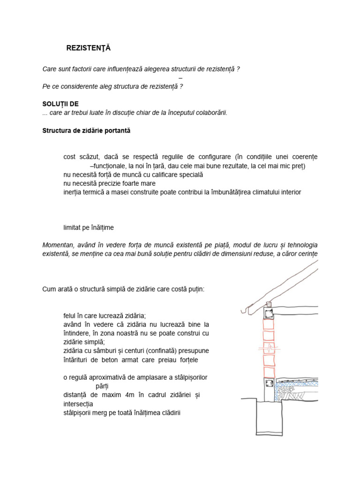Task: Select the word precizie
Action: click(x=110, y=183)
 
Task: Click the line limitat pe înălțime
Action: click(x=89, y=228)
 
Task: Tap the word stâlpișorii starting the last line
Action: click(x=81, y=412)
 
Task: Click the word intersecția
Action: click(x=78, y=404)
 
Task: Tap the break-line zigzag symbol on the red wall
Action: click(x=270, y=349)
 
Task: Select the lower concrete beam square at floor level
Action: click(x=269, y=383)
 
